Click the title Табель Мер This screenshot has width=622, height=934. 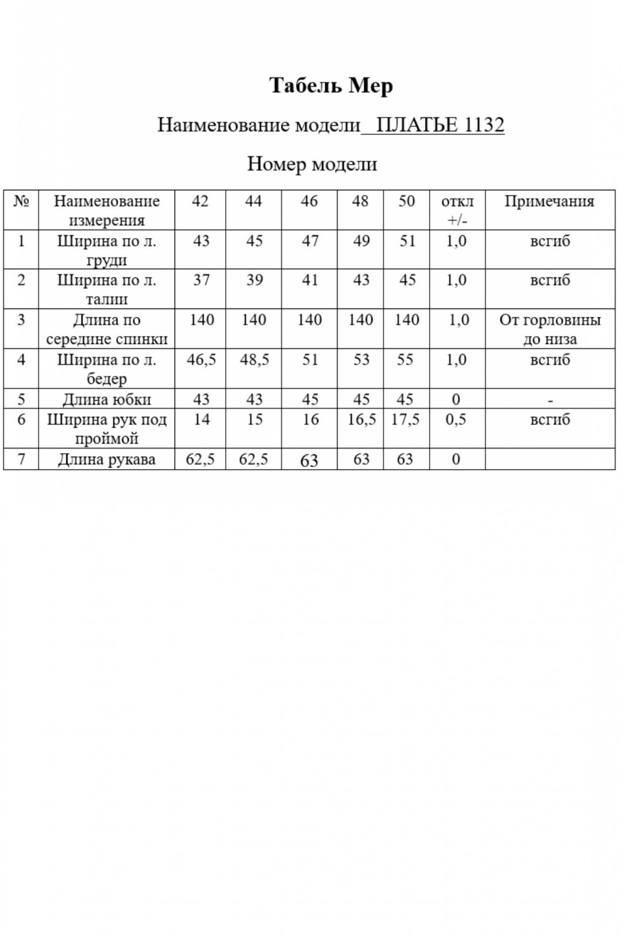pos(331,86)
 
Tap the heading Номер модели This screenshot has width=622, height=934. pos(312,164)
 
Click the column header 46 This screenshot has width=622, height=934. pos(309,201)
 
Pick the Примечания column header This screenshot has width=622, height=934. pos(549,201)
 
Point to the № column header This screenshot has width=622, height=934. pos(21,201)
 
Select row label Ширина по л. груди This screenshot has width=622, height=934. pos(106,250)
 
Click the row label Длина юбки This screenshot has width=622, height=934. pos(106,400)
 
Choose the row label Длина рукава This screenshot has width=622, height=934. pos(106,460)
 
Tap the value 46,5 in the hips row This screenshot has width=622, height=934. pos(201,360)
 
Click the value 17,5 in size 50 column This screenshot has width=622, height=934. pos(405,420)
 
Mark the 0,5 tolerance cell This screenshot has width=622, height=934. pos(456,420)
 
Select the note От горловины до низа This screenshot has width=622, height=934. pos(550,329)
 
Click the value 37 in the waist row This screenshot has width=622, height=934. pos(201,280)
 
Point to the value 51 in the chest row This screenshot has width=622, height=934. pos(407,241)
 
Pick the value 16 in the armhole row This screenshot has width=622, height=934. pos(310,420)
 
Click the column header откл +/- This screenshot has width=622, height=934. pos(457,210)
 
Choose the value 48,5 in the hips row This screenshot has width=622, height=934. pos(254,360)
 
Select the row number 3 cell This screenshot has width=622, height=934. pos(21,320)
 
